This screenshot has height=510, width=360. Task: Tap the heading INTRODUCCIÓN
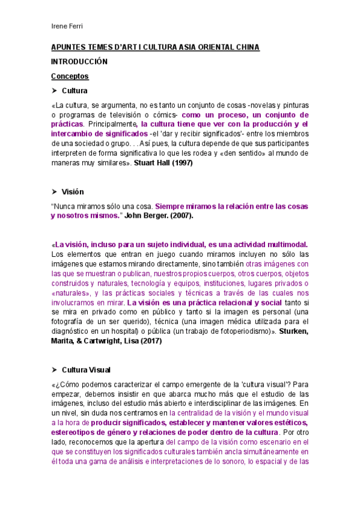79,62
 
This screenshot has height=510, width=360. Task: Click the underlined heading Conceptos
70,76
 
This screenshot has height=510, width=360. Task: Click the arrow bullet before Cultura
55,91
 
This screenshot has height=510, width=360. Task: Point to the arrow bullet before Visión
55,192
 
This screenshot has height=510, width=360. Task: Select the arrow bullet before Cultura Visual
55,369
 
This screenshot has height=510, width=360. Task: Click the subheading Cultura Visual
86,369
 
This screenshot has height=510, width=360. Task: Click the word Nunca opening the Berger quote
63,206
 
